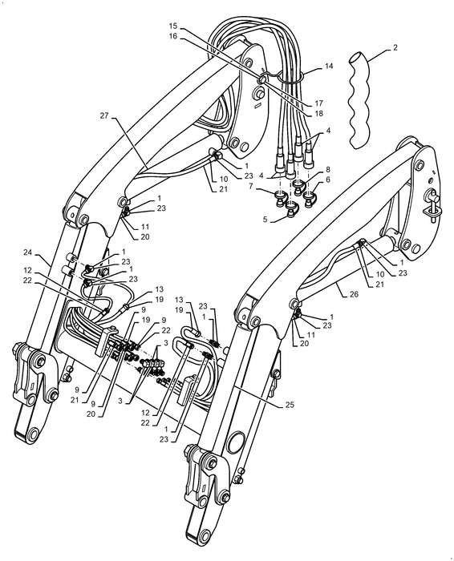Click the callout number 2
(x=395, y=47)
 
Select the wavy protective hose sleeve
(x=359, y=100)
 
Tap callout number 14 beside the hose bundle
(x=329, y=67)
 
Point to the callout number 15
(x=173, y=26)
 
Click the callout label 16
(x=173, y=36)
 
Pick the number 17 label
(x=318, y=103)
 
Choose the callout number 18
(x=318, y=114)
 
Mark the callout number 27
(x=103, y=116)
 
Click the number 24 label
(x=27, y=252)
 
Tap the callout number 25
(x=290, y=405)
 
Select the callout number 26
(x=354, y=294)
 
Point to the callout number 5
(x=265, y=220)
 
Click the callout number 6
(x=328, y=180)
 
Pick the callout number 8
(x=328, y=169)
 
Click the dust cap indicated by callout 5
(x=291, y=210)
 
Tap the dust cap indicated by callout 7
(x=279, y=199)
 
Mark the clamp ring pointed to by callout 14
(x=290, y=76)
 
